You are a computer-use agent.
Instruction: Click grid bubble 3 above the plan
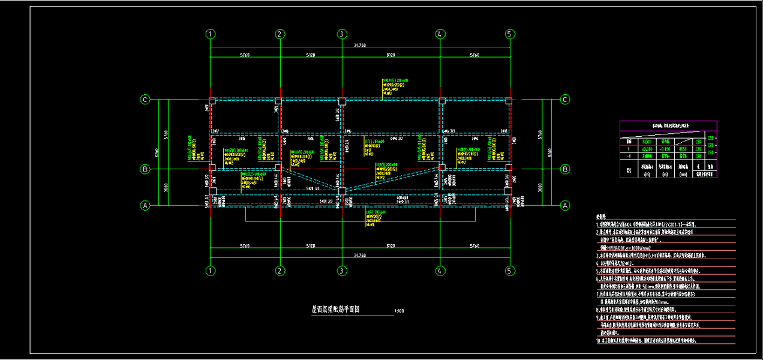click(341, 34)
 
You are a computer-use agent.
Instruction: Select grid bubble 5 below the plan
click(510, 270)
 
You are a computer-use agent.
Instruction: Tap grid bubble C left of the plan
click(145, 100)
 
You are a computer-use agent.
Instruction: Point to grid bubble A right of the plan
click(564, 205)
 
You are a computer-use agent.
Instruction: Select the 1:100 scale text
click(399, 311)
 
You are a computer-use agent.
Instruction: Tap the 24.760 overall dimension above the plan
click(360, 46)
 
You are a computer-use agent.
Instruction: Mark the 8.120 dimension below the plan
click(390, 245)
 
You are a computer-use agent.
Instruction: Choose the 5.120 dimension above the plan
click(310, 56)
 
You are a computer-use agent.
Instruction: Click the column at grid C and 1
click(212, 101)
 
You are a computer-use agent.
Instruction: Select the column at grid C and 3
click(342, 101)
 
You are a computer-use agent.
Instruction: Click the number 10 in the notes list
click(598, 341)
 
